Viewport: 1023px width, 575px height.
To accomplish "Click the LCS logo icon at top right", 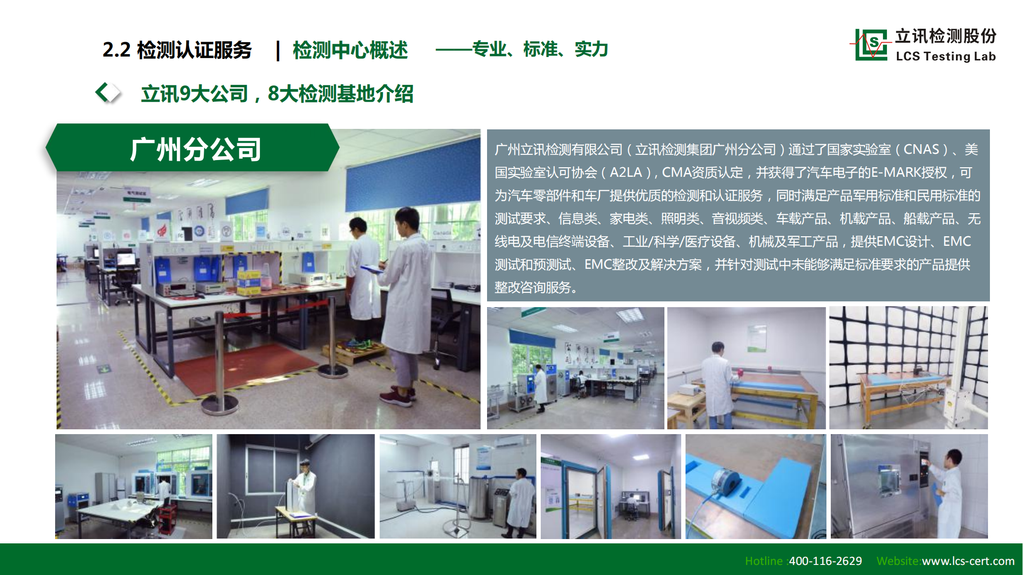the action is (871, 45).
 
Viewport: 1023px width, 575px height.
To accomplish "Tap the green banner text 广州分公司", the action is (196, 149).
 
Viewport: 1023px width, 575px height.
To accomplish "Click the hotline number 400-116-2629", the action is (825, 561).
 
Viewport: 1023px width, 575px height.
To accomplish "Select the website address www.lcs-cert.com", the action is (968, 561).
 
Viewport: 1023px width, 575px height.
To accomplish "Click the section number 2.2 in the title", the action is (116, 50).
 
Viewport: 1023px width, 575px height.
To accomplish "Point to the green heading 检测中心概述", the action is (350, 50).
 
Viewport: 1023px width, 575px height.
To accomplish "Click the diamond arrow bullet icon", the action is (107, 92).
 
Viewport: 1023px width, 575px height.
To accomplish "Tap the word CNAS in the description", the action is (921, 149).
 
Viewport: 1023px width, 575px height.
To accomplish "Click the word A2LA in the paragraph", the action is (625, 172).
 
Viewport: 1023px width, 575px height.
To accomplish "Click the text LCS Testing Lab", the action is (946, 57).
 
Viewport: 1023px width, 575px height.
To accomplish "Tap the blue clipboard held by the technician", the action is (372, 269).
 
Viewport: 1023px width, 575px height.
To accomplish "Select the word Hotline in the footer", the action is (764, 561).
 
